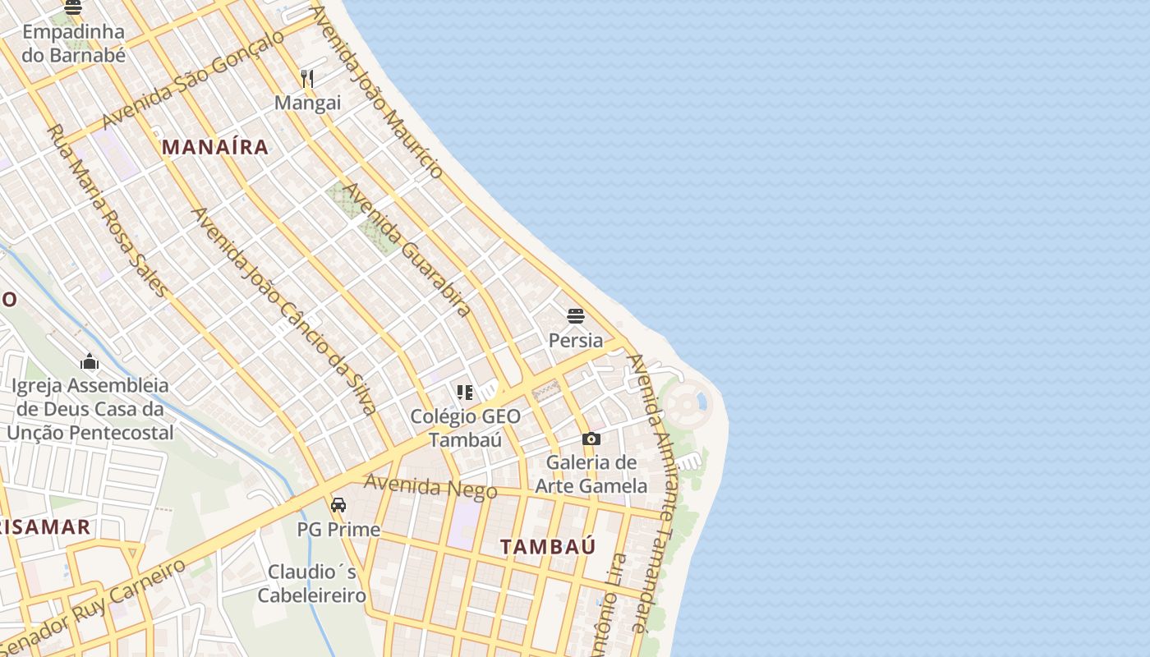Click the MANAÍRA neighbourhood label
pos(215,147)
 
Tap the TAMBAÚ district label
pos(548,547)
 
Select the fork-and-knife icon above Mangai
pos(307,79)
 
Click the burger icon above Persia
pos(576,316)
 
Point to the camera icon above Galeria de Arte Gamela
pos(591,439)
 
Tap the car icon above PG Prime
pos(338,505)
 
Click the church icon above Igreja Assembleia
pos(90,361)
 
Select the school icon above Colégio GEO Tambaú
pos(465,393)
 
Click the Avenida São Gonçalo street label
pos(193,80)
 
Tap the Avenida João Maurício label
pos(377,92)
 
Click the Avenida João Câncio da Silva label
pos(284,311)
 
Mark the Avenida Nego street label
pos(430,486)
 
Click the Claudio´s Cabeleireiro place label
pos(312,584)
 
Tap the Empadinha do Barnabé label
pos(74,44)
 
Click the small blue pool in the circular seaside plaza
pos(701,402)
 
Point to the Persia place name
pos(576,340)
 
